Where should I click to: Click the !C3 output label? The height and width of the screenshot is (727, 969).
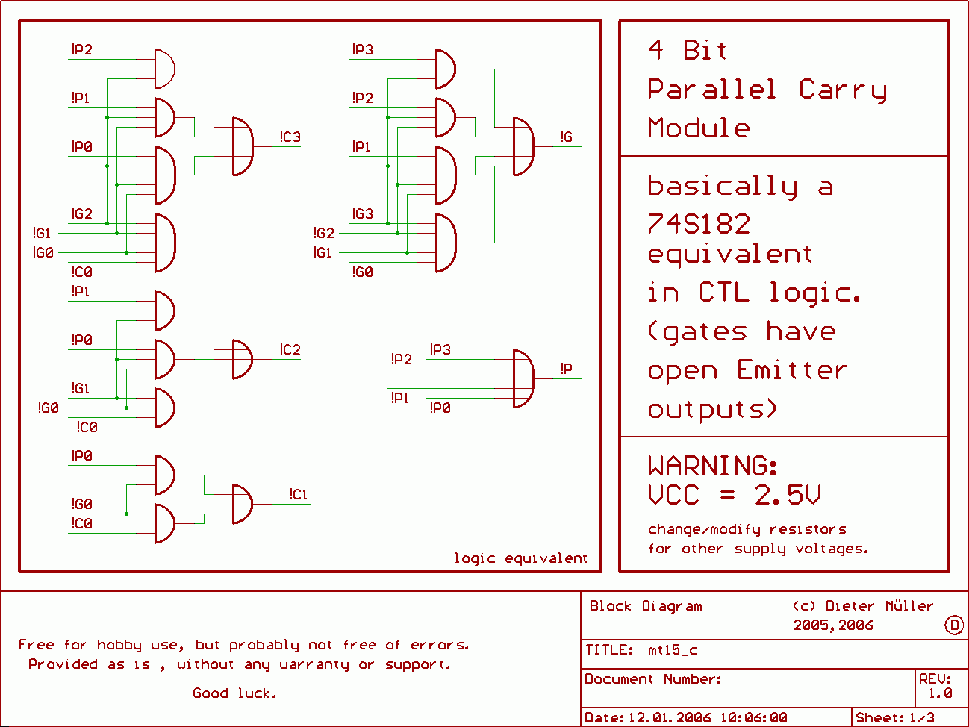[x=290, y=137]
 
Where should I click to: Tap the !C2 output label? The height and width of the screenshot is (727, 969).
[x=290, y=349]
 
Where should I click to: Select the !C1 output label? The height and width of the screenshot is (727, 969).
[x=299, y=494]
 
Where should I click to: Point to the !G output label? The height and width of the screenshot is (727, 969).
[x=567, y=137]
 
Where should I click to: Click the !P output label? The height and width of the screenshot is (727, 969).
[x=567, y=369]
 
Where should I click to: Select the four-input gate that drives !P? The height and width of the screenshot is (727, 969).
[x=523, y=378]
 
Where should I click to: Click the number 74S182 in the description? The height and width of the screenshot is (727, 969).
[x=699, y=223]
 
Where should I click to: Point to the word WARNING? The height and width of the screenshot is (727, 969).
[x=713, y=466]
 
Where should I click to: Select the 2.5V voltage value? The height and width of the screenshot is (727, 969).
[x=788, y=495]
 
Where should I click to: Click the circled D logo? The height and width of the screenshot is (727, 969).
[x=954, y=625]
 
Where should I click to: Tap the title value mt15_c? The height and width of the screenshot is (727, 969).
[x=673, y=650]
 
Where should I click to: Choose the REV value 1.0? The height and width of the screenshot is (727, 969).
[x=940, y=693]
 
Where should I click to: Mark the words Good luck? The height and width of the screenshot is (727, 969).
[x=234, y=693]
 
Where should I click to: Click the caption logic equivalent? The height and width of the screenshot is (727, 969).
[x=520, y=558]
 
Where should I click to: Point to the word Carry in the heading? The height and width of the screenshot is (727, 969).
[x=843, y=90]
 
